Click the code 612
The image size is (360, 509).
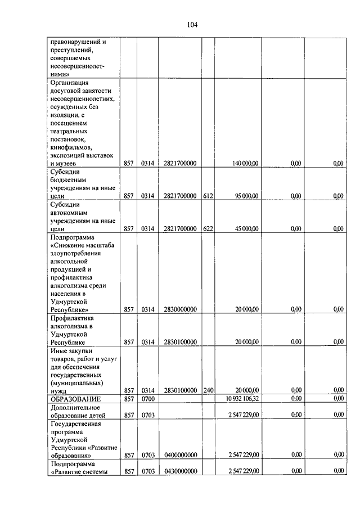(x=208, y=196)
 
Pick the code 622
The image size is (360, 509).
(x=208, y=228)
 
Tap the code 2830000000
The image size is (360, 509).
(x=180, y=309)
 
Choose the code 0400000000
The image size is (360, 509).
(x=180, y=454)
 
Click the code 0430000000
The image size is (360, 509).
(x=180, y=471)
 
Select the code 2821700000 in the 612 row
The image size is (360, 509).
(x=180, y=196)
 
